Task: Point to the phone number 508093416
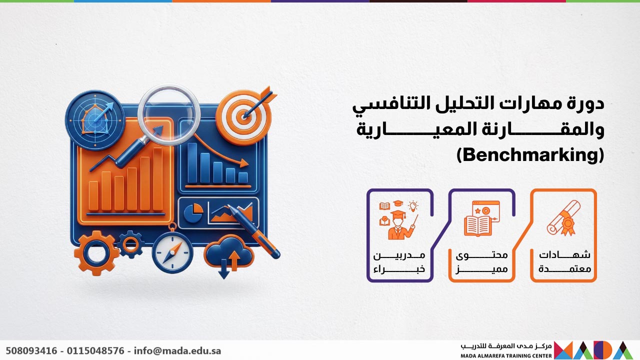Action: tap(31, 350)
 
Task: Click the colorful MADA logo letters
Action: tap(593, 350)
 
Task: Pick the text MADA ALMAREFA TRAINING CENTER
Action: tap(506, 355)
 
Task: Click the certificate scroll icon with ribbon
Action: tap(563, 218)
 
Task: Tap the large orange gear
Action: tap(96, 253)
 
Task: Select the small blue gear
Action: tap(130, 244)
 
